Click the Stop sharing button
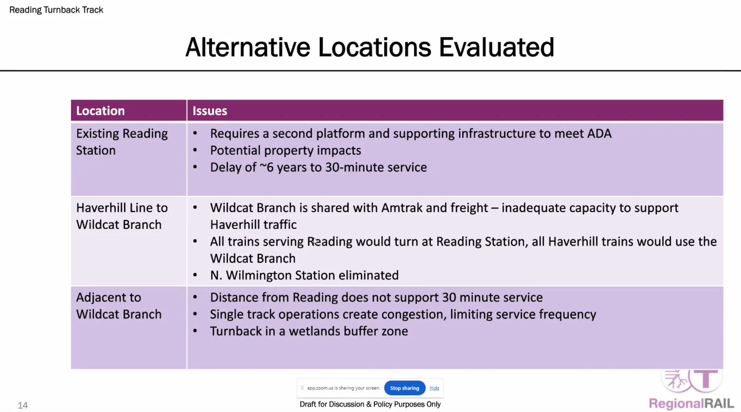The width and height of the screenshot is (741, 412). point(404,388)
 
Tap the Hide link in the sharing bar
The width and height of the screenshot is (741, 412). point(434,388)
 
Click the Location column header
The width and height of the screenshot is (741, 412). point(100,111)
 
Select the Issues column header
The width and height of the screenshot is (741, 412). point(210,111)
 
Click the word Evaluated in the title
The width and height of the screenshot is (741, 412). point(496,48)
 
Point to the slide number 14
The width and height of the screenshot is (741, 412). point(23,405)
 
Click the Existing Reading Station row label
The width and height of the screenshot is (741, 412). point(122,142)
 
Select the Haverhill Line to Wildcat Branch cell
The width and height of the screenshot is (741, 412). point(122,216)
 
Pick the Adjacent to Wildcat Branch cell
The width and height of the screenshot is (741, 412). point(119,306)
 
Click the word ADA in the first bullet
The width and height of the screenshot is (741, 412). point(599,134)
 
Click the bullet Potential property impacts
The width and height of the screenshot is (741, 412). point(286,151)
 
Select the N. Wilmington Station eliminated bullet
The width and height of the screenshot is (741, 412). point(305,276)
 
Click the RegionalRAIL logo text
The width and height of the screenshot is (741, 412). point(691,403)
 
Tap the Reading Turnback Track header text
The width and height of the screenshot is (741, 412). point(56,10)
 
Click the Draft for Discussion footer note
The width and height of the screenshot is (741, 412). point(370,404)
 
